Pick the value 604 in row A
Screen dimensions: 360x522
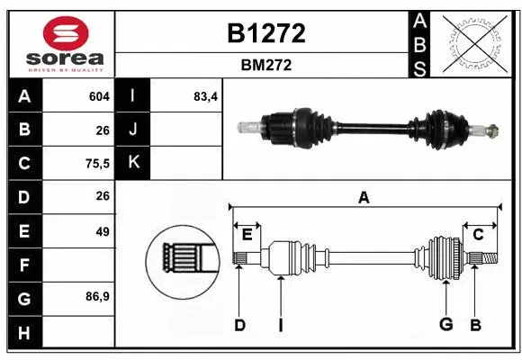click(99, 96)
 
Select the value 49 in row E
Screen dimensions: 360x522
click(102, 231)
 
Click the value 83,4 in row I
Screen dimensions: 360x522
click(206, 96)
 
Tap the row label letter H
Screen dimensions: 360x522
click(23, 332)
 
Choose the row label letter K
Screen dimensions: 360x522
click(134, 163)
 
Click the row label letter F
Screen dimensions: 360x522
click(23, 265)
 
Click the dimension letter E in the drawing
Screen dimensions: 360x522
click(247, 235)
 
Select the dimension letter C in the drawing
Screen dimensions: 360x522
click(478, 235)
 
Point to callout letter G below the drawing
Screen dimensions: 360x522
click(446, 325)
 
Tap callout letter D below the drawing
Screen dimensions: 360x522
click(239, 325)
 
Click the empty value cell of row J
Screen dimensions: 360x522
click(187, 130)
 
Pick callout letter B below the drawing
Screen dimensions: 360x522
click(475, 325)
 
